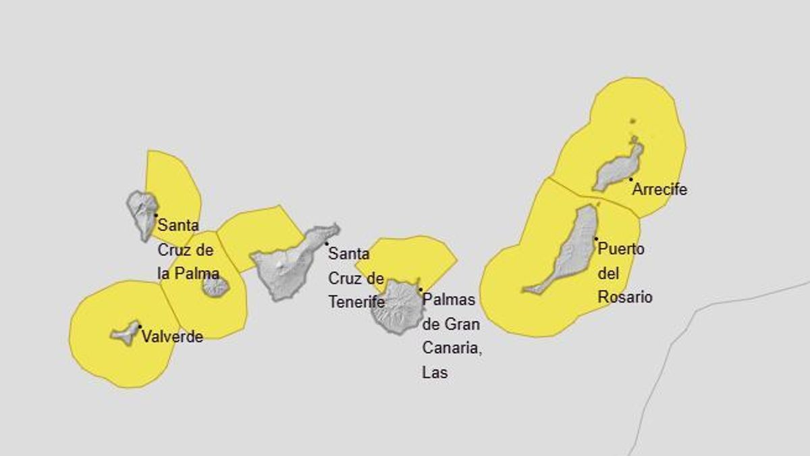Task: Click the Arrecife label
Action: pos(659,190)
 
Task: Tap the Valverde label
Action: pos(172,337)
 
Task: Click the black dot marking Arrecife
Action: pos(630,179)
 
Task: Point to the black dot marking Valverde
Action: pos(140,327)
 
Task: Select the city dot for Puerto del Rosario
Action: pos(596,238)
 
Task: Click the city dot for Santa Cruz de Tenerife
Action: pos(327,243)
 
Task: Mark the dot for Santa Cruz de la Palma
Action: pos(156,216)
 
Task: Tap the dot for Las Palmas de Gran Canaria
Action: pos(421,290)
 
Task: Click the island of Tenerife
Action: pos(287,263)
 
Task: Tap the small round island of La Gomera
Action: pos(215,286)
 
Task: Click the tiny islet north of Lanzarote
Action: pos(632,122)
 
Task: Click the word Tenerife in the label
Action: pos(356,302)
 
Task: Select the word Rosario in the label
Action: pos(625,297)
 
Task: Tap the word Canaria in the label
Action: pos(451,348)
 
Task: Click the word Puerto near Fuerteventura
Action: pos(621,249)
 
